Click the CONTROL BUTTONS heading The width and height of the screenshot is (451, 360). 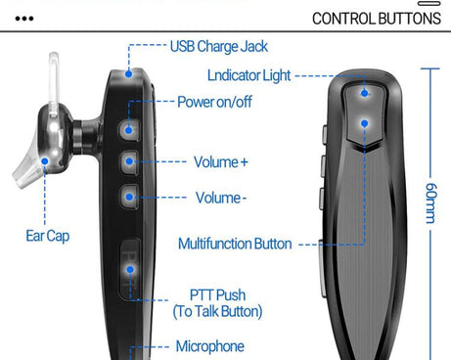point(376,19)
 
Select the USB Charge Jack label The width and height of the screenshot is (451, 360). point(218,46)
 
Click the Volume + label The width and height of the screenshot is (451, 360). point(220,161)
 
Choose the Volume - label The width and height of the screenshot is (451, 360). point(219,198)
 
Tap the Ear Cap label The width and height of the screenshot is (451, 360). point(47,235)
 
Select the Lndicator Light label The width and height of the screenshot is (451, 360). point(249,75)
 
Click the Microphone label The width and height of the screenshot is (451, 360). point(210,346)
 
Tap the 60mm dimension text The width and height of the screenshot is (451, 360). point(431,202)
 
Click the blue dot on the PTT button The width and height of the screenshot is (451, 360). point(129,262)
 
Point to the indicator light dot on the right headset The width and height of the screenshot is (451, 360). point(364,94)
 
